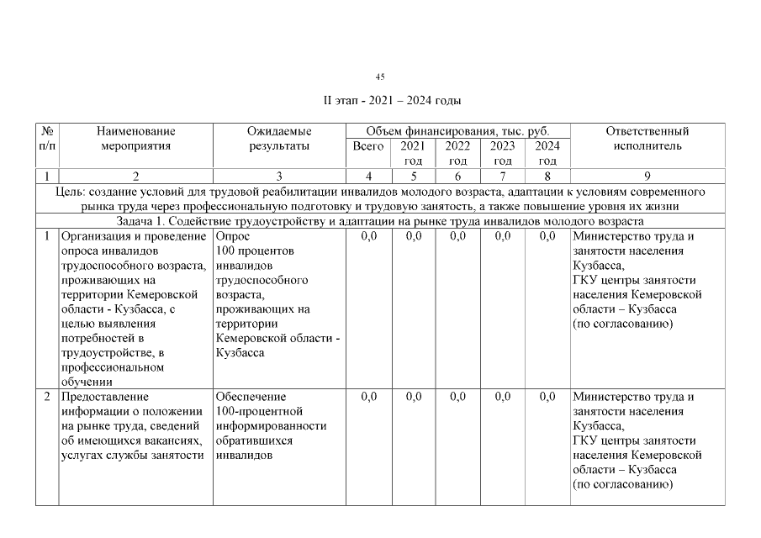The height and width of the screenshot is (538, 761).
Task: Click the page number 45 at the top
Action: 380,76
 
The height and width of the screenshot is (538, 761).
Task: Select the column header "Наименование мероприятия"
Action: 135,139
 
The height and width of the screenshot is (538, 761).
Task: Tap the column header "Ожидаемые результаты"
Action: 279,139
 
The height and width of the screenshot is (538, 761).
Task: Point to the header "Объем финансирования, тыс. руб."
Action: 457,131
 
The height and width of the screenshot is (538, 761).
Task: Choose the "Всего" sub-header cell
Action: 368,146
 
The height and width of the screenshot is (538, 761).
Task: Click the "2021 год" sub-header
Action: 413,153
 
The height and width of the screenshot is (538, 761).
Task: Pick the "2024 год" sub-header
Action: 547,153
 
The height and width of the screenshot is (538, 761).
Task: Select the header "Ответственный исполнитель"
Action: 647,139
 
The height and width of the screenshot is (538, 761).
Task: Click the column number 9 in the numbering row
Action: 647,176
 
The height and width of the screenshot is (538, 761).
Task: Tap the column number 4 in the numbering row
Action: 368,176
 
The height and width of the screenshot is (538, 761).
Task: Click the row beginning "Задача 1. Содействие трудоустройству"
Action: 380,221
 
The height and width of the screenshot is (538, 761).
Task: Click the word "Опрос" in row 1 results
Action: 231,236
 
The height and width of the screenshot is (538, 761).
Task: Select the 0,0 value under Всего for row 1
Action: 368,236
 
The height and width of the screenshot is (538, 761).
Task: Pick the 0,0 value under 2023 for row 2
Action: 503,397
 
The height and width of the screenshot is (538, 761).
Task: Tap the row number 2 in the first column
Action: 47,397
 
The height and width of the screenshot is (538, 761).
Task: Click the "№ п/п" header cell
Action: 47,139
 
